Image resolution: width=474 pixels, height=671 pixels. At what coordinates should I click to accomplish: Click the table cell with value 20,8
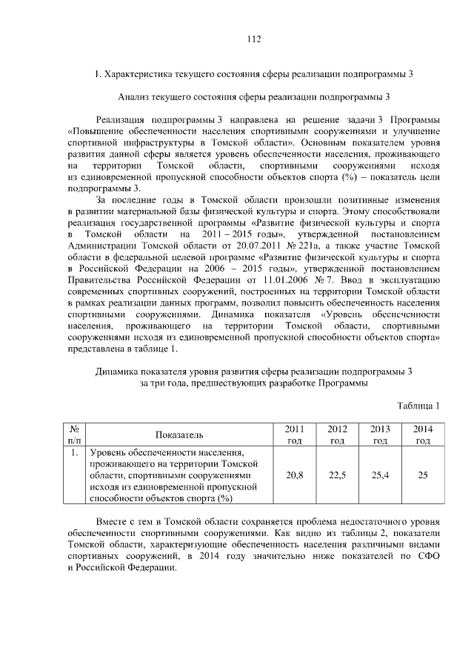click(294, 475)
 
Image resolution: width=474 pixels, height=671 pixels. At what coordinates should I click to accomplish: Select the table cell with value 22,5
click(337, 475)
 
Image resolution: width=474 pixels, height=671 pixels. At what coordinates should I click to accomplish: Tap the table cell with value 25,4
click(380, 475)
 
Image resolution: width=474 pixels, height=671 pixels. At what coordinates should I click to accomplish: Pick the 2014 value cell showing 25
click(423, 475)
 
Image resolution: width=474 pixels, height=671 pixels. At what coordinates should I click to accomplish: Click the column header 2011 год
click(294, 434)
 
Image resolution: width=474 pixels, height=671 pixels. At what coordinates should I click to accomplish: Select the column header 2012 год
click(337, 434)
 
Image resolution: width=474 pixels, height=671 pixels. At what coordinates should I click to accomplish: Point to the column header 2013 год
click(380, 434)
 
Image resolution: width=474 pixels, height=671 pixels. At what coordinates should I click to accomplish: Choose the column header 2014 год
click(423, 434)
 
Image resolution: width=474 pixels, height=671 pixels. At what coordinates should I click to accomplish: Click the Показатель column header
click(179, 434)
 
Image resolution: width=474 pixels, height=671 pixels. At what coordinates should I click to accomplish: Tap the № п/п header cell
click(74, 434)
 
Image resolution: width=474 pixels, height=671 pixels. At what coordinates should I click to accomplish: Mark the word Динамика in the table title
click(120, 371)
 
